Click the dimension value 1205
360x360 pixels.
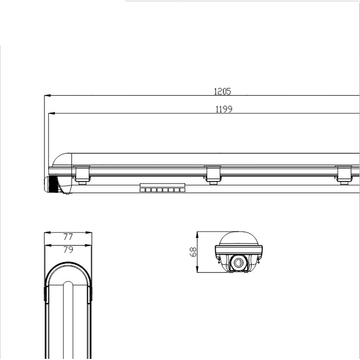coord(222,91)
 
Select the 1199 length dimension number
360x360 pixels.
coord(224,109)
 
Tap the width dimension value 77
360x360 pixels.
coord(68,237)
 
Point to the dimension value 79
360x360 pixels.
coord(68,249)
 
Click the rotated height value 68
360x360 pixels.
coord(193,252)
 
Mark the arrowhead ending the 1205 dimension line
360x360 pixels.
coord(47,95)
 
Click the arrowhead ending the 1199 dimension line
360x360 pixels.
coord(51,113)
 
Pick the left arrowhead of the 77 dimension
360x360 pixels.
coord(47,233)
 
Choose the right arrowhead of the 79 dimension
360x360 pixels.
coord(88,246)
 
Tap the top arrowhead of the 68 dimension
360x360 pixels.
coord(197,235)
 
